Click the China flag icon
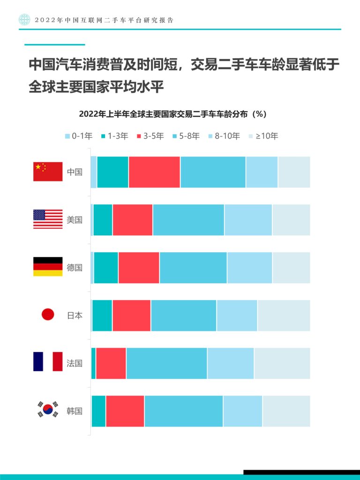(48, 172)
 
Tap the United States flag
(48, 219)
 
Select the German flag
(48, 267)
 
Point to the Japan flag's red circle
(48, 315)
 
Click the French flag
(48, 362)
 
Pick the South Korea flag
(48, 410)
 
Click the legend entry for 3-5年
(150, 136)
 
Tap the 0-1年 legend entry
(78, 136)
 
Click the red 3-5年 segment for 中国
(154, 172)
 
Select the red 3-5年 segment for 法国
(111, 363)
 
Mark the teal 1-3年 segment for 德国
(106, 268)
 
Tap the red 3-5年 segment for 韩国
(125, 411)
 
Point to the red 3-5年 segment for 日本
(131, 315)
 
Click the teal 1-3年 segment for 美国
(103, 220)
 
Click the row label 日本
(75, 315)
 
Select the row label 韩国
(75, 411)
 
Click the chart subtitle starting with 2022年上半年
(172, 114)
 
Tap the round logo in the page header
(24, 20)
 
